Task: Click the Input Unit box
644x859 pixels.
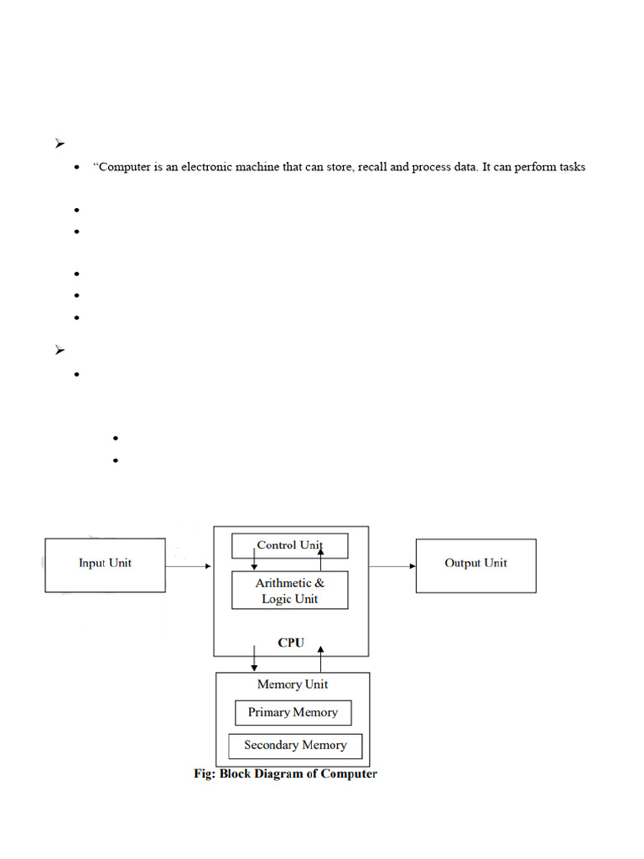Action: (x=105, y=565)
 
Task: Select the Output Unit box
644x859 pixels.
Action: (x=475, y=565)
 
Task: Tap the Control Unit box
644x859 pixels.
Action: (x=289, y=545)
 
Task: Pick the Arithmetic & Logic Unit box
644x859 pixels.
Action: (x=289, y=591)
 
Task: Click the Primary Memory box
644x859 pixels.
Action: (x=293, y=712)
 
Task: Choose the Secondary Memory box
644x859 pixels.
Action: (x=295, y=745)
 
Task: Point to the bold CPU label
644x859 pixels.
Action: (x=291, y=643)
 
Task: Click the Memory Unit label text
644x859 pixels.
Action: (x=293, y=685)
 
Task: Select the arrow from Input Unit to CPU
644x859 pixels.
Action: (x=189, y=566)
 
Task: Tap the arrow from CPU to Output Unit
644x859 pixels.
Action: (x=392, y=566)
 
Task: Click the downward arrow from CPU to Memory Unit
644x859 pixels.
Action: (x=255, y=658)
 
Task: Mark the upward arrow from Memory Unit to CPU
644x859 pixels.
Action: (x=320, y=658)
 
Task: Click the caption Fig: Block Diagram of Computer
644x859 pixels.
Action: (x=285, y=773)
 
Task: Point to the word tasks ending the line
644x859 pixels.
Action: (x=569, y=167)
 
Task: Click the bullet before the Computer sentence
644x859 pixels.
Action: (x=77, y=168)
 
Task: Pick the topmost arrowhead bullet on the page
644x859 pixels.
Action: (x=60, y=144)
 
